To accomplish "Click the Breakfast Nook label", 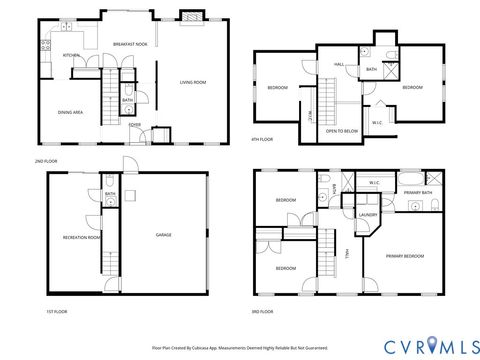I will click(x=130, y=44).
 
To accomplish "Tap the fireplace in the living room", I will click(x=187, y=17).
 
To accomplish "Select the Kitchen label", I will click(x=71, y=55).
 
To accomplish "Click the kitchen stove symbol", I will click(x=45, y=43).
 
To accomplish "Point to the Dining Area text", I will click(x=69, y=112).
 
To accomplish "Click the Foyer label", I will click(x=134, y=125).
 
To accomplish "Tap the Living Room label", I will click(x=192, y=82).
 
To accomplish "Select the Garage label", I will click(x=163, y=235).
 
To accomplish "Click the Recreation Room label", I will click(x=81, y=237).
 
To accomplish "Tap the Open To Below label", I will click(x=342, y=130).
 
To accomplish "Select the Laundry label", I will click(x=367, y=213).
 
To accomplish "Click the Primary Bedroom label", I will click(x=405, y=256).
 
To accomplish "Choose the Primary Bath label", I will click(x=418, y=191).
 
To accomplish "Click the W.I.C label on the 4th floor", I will click(x=377, y=122).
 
